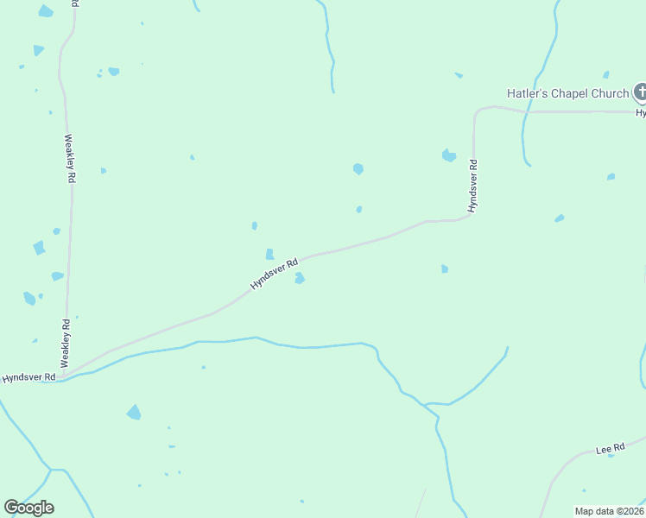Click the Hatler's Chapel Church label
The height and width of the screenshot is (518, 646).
[567, 93]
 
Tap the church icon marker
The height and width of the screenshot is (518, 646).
[641, 92]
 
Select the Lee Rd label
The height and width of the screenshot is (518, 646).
[610, 450]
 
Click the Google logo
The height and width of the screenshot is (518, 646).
[28, 508]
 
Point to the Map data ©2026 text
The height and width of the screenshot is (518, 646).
[609, 511]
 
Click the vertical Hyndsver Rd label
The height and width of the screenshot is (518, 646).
[472, 186]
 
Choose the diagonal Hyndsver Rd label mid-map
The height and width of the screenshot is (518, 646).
[274, 274]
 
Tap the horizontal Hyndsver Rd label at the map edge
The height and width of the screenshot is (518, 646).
[28, 377]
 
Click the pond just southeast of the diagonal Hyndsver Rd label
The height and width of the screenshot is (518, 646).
[299, 278]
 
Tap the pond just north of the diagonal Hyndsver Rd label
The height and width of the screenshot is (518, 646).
[269, 254]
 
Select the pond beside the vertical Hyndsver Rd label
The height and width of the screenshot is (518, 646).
[448, 155]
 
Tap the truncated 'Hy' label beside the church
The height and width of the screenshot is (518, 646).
[641, 112]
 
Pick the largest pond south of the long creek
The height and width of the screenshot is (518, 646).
[134, 412]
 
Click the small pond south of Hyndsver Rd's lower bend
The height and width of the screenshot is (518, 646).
[444, 268]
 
